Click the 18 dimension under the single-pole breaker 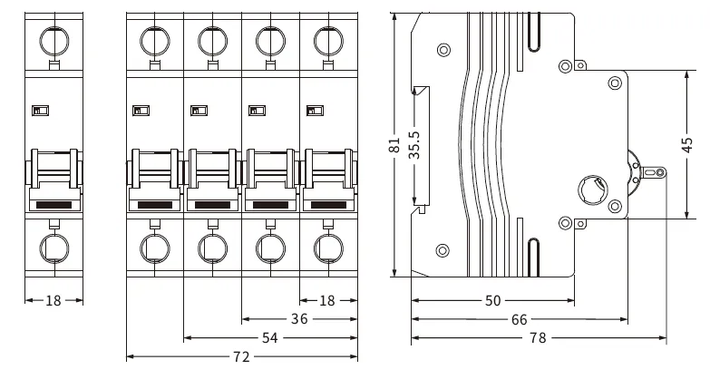53,300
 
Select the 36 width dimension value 299,319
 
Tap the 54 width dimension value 270,338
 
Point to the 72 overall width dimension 241,357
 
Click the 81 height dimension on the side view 394,145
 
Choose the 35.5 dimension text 414,145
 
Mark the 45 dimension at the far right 687,144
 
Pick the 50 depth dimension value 492,300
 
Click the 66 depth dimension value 518,319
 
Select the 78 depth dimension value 539,338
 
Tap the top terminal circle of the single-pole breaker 53,40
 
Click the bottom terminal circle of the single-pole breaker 53,246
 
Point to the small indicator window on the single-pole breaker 40,111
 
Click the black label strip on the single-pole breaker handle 53,205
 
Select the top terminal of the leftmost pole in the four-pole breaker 154,40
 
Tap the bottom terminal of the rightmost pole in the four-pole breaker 328,246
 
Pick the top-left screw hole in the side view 443,49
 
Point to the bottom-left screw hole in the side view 443,250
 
